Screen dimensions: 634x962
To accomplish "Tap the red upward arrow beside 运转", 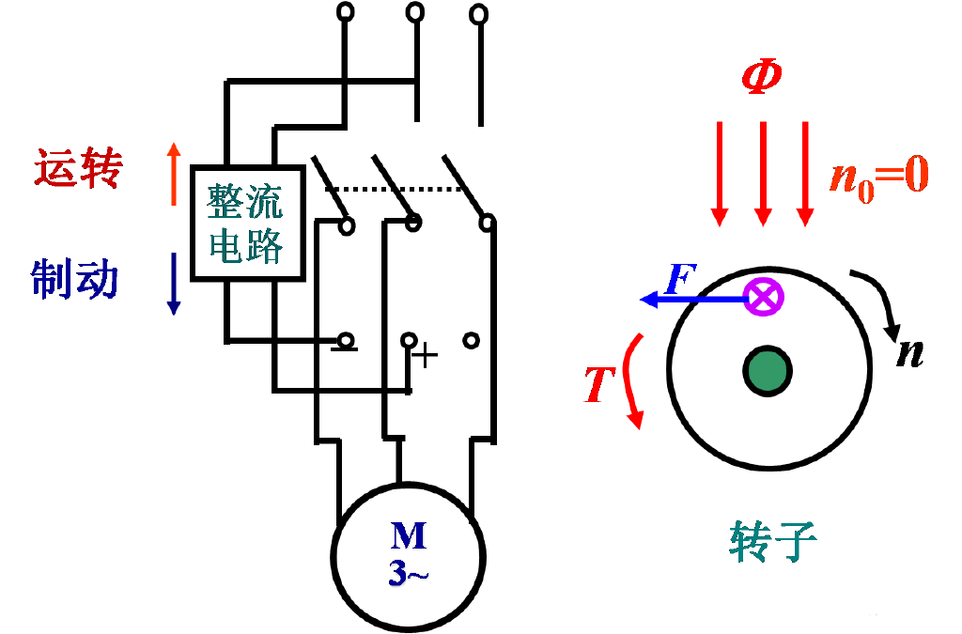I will [x=173, y=174].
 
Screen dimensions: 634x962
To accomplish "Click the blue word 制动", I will [x=75, y=279].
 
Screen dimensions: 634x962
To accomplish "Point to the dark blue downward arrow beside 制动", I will [x=174, y=282].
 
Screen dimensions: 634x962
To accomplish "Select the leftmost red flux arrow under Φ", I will [x=720, y=174].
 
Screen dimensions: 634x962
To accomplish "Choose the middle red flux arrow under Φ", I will [x=763, y=174].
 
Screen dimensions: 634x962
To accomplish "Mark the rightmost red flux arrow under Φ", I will [x=805, y=174].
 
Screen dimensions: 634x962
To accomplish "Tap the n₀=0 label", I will [x=878, y=176].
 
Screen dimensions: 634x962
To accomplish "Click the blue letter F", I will [x=678, y=279].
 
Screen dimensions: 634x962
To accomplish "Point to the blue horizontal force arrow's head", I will [x=646, y=299].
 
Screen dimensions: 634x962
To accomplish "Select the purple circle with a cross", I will [x=765, y=298].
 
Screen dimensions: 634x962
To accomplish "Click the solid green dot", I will [x=767, y=371].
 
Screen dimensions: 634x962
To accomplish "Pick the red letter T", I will [x=598, y=385].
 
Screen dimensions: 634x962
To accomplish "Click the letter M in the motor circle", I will [x=409, y=535].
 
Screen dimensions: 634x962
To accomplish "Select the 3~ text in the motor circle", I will [x=409, y=572].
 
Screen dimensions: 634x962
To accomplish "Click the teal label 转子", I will [x=772, y=541].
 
